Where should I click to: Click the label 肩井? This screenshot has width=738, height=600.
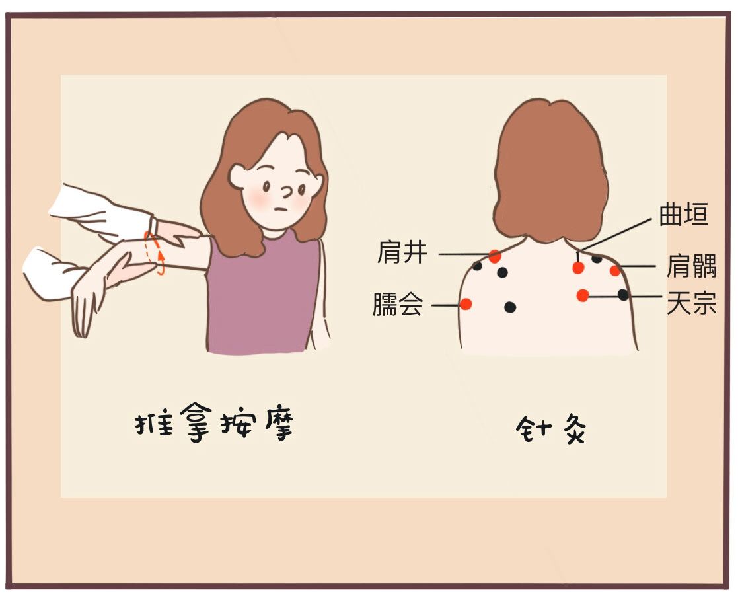pos(402,252)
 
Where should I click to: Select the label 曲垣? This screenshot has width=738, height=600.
pos(683,214)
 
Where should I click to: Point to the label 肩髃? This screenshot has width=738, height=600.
pos(691,266)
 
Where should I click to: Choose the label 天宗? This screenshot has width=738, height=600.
pos(691,303)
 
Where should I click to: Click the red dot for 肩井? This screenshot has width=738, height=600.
pos(494,256)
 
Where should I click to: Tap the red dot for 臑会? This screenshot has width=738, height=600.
pos(466,304)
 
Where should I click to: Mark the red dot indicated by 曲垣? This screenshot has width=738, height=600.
pos(578,268)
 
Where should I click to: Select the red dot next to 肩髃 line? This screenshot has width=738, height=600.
pos(614,270)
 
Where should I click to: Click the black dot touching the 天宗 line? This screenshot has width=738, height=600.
pos(623,295)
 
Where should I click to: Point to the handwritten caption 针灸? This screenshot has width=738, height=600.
pos(550,429)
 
